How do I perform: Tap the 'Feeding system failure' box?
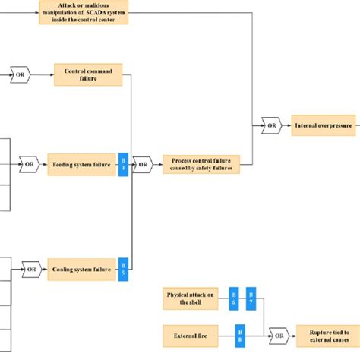[x=81, y=164]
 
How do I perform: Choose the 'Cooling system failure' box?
[x=81, y=268]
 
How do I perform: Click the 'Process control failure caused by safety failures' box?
[x=201, y=164]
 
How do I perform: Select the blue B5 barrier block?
[x=123, y=268]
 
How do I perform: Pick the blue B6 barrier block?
[x=234, y=298]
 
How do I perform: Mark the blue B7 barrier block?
[x=251, y=298]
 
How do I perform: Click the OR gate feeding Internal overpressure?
[x=269, y=125]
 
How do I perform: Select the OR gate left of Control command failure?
[x=21, y=74]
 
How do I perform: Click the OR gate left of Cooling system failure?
[x=30, y=268]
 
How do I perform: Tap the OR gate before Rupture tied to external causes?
[x=278, y=333]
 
